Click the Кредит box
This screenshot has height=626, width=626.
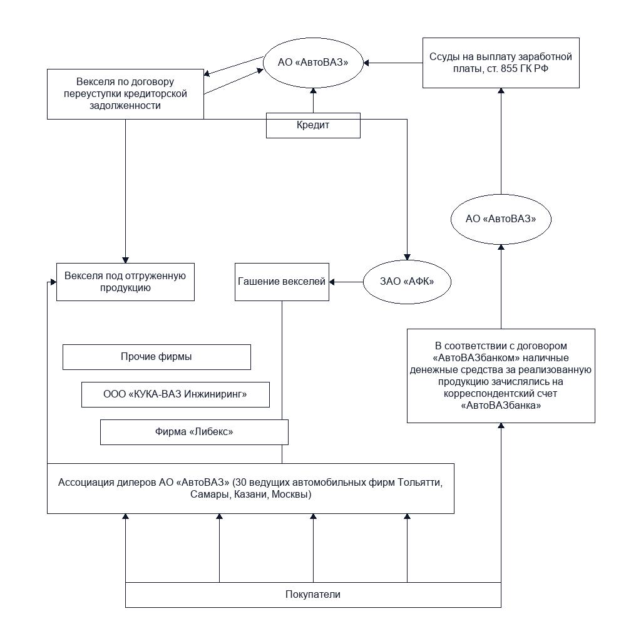(x=313, y=125)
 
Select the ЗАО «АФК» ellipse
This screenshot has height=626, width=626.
(x=407, y=282)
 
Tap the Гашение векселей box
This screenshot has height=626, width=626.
(x=282, y=282)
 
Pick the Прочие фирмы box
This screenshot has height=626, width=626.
(x=156, y=357)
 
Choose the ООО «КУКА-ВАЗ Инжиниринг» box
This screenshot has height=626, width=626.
(x=175, y=394)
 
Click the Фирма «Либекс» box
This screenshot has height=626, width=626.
(x=194, y=432)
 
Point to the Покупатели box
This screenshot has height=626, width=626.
(x=313, y=595)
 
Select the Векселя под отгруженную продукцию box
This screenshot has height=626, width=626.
(x=125, y=282)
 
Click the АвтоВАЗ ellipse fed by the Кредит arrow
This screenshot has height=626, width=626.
(x=313, y=63)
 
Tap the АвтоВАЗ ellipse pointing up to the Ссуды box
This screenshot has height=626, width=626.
(x=501, y=219)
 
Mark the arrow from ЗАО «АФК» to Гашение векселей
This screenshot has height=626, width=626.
(x=346, y=282)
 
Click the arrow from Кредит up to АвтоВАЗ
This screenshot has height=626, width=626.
(x=313, y=100)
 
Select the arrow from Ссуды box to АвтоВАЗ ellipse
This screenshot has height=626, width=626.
(x=393, y=63)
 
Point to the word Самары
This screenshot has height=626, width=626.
(x=210, y=495)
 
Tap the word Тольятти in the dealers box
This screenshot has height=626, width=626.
(x=419, y=482)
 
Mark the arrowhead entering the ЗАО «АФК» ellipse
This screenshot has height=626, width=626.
(x=407, y=257)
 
